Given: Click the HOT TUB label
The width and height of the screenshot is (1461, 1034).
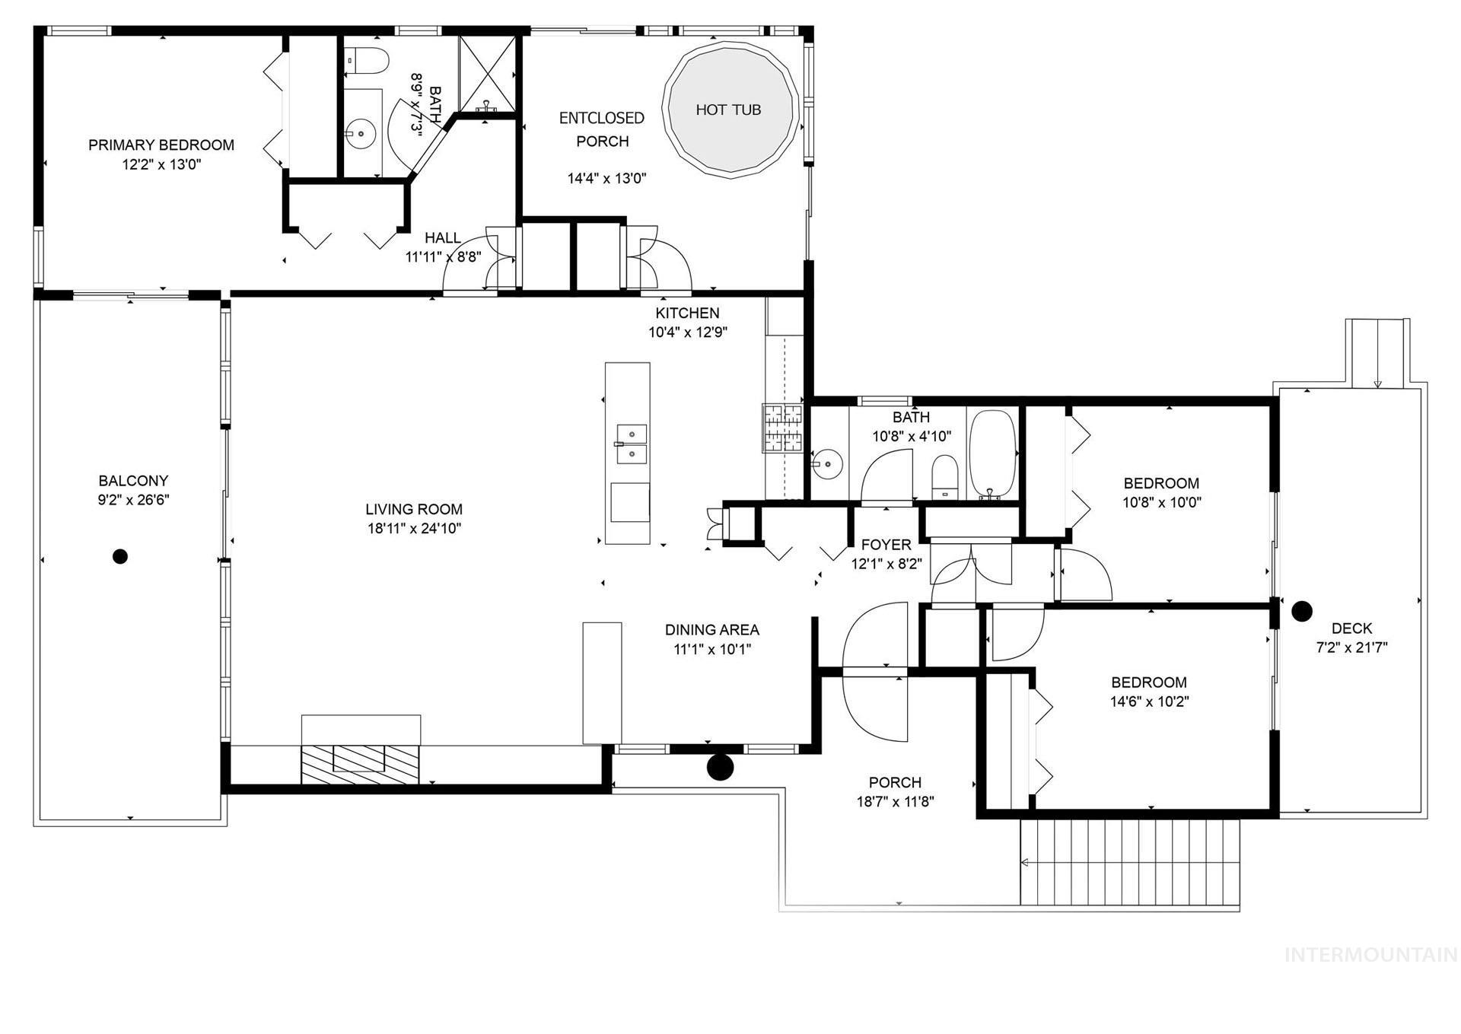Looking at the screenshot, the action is click(728, 110).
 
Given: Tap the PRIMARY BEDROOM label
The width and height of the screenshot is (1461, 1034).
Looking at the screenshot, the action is click(161, 145).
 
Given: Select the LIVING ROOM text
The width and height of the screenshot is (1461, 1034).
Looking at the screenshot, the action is click(414, 509).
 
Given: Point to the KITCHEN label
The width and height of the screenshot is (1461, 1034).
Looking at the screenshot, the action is click(687, 313).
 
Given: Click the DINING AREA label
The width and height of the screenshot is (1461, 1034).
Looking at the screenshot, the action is click(712, 629).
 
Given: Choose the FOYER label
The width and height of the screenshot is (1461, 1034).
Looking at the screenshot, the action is click(886, 545).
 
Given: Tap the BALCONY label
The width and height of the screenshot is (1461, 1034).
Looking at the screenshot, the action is click(133, 480).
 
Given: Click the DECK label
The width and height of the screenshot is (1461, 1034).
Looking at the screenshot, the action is click(1352, 628).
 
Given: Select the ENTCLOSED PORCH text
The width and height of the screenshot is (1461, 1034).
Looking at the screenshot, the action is click(602, 129).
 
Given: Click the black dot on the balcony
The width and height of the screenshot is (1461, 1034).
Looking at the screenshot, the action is click(119, 556).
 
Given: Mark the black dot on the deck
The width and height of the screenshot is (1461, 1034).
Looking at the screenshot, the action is click(1303, 609).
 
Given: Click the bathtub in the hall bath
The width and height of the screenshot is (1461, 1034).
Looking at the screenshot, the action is click(993, 455).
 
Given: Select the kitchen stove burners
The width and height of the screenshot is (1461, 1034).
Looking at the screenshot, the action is click(783, 428).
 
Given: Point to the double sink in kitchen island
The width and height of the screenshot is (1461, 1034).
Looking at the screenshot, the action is click(631, 444).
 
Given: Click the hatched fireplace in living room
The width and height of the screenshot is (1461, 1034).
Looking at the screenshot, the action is click(361, 765).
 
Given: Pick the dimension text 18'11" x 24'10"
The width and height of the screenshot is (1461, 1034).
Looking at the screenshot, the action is click(414, 529).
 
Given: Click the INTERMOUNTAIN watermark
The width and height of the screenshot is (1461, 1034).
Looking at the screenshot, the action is click(1371, 955).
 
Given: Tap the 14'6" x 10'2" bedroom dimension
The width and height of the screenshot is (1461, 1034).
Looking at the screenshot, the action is click(1149, 702).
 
